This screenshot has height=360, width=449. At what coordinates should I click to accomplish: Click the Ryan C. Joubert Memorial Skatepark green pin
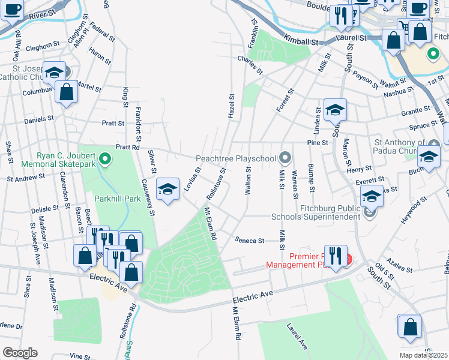106,159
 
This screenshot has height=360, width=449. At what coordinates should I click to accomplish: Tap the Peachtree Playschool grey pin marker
286,158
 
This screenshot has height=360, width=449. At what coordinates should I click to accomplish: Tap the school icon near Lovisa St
167,189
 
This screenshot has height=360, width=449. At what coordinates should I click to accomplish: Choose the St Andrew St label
26,178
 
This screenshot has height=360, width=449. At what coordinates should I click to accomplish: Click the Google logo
20,352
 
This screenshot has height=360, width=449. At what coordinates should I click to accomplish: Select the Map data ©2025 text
424,355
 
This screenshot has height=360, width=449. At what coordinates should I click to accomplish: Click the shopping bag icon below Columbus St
67,92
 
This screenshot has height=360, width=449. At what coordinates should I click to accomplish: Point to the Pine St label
317,143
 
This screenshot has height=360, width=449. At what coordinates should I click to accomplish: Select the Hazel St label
232,105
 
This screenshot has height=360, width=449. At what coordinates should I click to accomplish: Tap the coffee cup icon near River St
13,10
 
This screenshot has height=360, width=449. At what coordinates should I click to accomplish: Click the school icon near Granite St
336,110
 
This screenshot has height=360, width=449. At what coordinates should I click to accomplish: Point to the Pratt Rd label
127,146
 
